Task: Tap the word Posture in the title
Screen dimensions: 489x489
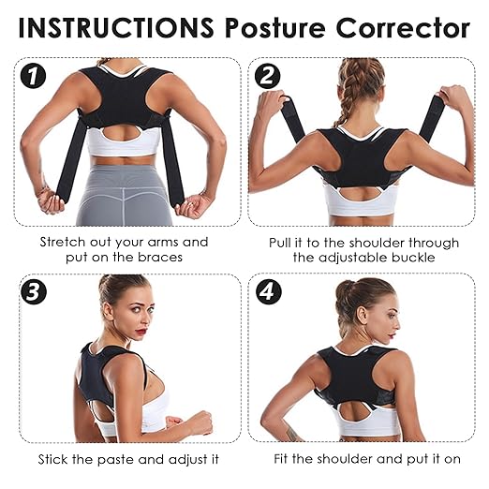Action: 272,27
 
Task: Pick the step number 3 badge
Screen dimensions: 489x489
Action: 34,290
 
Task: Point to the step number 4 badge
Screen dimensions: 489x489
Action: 267,290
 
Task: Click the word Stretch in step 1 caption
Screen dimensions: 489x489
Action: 64,242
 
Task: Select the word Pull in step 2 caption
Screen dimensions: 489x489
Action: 283,242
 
